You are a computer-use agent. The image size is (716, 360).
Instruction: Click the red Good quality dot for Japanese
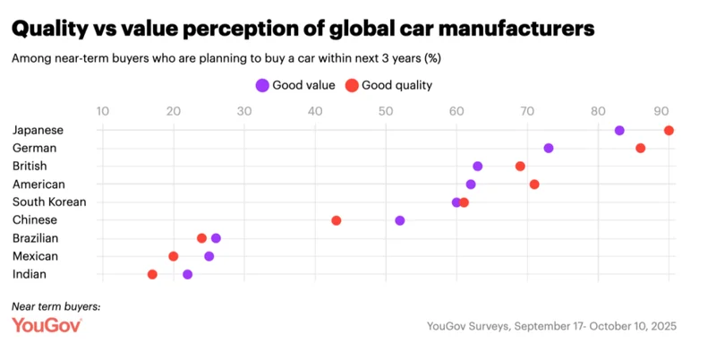[669, 130]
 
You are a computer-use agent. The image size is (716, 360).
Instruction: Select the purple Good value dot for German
[549, 148]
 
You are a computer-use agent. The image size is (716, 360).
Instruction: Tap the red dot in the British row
[520, 166]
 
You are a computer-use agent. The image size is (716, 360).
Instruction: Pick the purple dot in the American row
[471, 184]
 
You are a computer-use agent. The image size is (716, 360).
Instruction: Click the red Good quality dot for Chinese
[337, 220]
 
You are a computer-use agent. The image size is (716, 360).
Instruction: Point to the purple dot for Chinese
[400, 220]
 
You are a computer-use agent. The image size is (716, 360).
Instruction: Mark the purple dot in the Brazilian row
[216, 238]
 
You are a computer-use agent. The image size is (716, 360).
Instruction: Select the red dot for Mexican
[174, 256]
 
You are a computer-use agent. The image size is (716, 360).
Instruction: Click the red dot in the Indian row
[152, 274]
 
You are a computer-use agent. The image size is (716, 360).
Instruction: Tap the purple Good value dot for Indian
[187, 274]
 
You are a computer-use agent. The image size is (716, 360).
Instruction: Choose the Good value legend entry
[295, 85]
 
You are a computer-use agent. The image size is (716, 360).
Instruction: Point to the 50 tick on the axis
[386, 111]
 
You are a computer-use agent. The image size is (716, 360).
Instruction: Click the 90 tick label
[662, 111]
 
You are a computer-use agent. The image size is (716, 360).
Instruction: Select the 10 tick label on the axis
[103, 111]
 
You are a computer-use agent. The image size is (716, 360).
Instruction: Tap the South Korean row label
[49, 201]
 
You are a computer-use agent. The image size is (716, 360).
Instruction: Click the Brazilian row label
[36, 238]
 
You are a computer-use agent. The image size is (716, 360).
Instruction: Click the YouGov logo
[47, 325]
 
